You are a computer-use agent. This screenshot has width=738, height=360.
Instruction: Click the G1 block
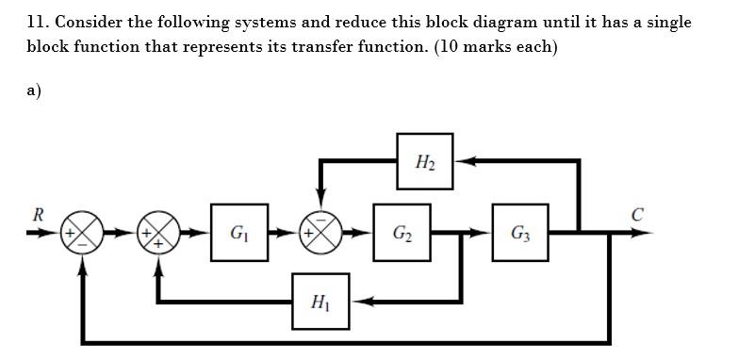coord(239,232)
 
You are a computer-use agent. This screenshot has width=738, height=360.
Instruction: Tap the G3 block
coord(520,232)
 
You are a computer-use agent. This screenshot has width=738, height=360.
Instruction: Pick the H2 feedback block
coord(424,161)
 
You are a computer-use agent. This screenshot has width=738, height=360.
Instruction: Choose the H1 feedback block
coord(320,302)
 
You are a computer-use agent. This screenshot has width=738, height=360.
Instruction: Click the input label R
coord(38,214)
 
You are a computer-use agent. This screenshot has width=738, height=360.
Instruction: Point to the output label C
coord(637,214)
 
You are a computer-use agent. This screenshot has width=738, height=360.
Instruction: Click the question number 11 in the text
coord(36,22)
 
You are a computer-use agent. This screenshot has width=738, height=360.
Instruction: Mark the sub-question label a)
coord(34,90)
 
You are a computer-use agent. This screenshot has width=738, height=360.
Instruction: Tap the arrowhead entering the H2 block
coord(464,161)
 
